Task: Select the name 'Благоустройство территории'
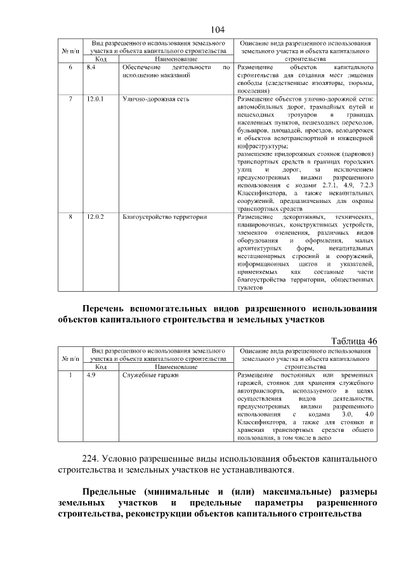[x=164, y=217]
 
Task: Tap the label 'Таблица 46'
[x=354, y=341]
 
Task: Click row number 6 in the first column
[x=70, y=67]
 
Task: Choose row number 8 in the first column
[x=70, y=217]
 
